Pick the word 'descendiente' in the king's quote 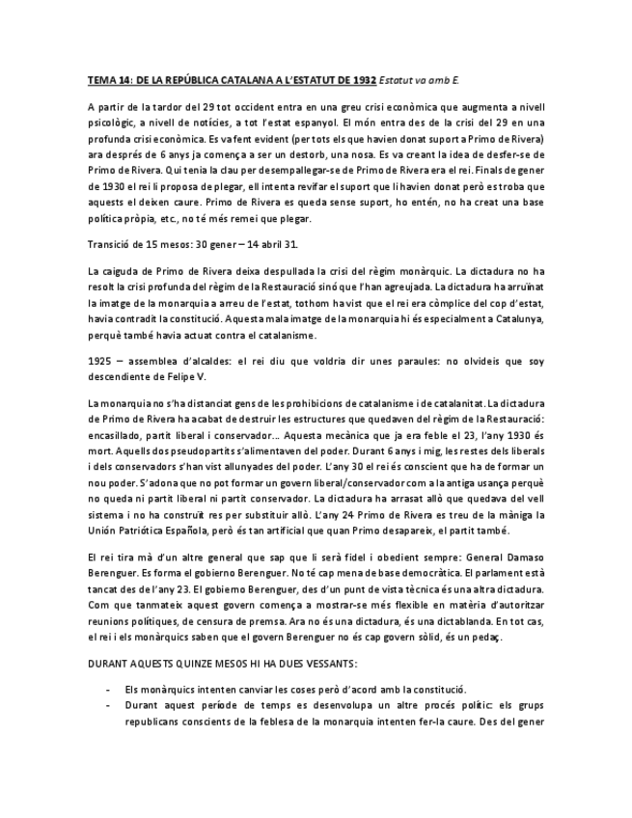(x=122, y=379)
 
